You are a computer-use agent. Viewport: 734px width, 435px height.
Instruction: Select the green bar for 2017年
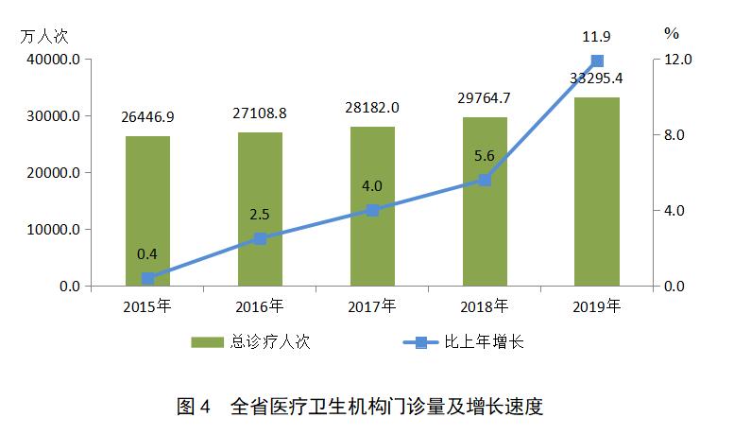pyautogui.click(x=372, y=206)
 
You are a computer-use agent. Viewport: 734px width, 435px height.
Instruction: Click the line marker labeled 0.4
pyautogui.click(x=147, y=278)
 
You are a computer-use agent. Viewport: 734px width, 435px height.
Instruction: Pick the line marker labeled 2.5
pyautogui.click(x=260, y=238)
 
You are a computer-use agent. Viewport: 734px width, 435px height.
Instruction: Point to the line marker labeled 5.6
pyautogui.click(x=485, y=180)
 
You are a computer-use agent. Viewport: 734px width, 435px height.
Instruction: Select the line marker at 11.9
pyautogui.click(x=597, y=61)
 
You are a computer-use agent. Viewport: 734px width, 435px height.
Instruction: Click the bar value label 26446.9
pyautogui.click(x=147, y=117)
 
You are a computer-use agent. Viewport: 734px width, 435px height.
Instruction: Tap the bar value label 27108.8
pyautogui.click(x=260, y=113)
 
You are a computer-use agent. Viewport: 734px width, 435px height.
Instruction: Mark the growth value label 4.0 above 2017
pyautogui.click(x=372, y=185)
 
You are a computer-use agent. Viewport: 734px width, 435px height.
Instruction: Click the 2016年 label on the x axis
pyautogui.click(x=260, y=306)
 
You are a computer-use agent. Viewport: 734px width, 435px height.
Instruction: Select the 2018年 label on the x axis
pyautogui.click(x=485, y=306)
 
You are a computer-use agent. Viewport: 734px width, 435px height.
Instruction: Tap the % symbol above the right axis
pyautogui.click(x=672, y=33)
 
